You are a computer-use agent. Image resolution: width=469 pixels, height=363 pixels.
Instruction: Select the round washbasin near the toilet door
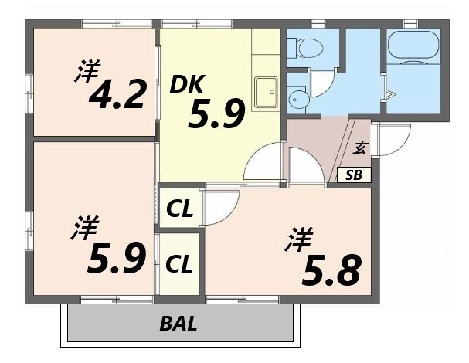298,98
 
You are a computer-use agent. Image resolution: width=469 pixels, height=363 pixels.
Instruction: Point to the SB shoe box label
354,175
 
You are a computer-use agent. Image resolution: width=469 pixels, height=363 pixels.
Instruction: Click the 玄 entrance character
361,148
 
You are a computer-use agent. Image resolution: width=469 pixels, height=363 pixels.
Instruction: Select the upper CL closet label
180,208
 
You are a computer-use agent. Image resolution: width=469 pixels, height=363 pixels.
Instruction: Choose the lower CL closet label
179,264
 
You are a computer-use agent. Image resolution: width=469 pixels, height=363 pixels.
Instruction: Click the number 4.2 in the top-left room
117,95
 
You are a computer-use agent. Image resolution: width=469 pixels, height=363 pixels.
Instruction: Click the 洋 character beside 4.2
87,73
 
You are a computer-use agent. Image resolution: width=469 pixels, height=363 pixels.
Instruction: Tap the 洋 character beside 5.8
297,240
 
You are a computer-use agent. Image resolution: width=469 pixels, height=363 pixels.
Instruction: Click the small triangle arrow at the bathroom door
391,96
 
